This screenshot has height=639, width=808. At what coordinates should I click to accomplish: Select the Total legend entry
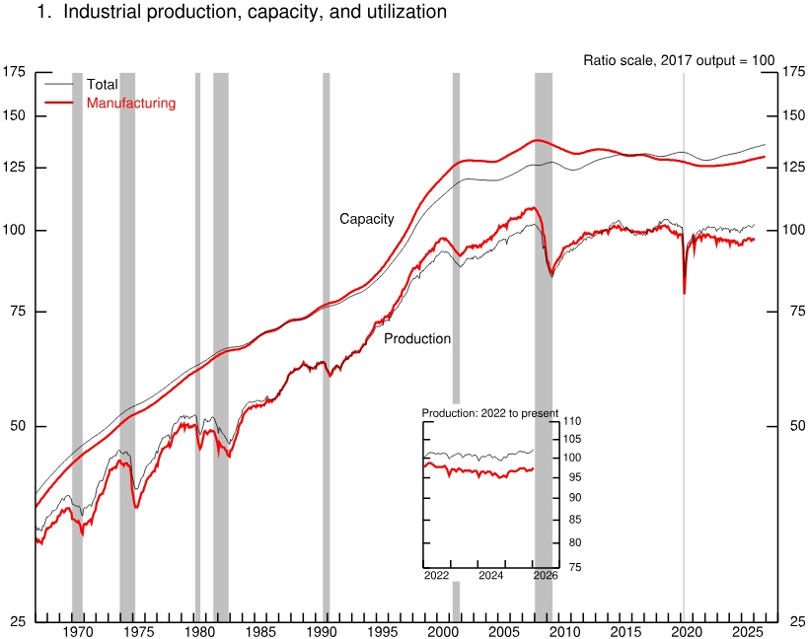pos(102,85)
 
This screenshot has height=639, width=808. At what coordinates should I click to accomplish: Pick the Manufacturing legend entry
pos(130,103)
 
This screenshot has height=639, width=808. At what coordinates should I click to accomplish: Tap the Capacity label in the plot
pos(367,219)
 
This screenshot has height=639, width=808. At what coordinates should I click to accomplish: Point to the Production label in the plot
pos(417,338)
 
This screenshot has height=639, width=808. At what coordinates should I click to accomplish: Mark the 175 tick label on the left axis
pos(15,72)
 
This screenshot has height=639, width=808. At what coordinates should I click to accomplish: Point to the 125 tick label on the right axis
pos(792,168)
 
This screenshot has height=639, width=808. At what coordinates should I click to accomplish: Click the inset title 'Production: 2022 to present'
pos(490,413)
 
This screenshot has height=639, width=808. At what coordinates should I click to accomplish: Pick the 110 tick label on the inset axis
pos(573,422)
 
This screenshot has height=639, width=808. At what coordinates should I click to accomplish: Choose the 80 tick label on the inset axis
pos(570,543)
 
